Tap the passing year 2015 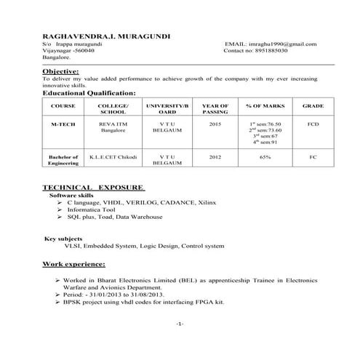[x=215, y=124]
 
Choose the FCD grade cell [x=313, y=124]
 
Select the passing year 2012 [x=215, y=156]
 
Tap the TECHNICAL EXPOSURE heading [x=93, y=188]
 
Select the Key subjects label [x=63, y=239]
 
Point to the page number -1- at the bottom [x=180, y=323]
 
